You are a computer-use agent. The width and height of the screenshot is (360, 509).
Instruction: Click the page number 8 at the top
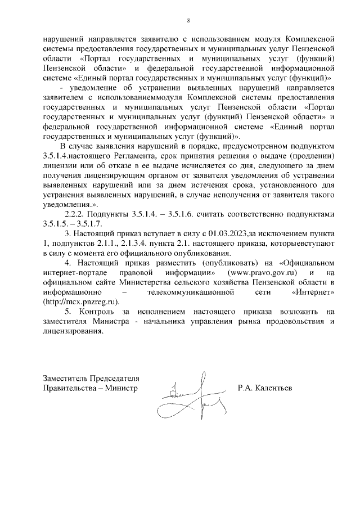(x=188, y=21)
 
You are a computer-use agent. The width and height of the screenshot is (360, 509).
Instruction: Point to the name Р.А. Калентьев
(x=265, y=388)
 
